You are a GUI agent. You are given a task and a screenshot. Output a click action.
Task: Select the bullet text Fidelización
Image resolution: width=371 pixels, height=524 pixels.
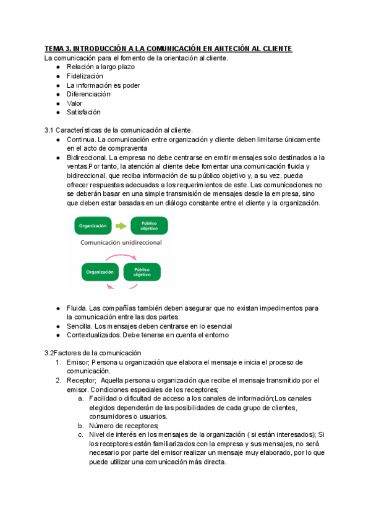(x=85, y=76)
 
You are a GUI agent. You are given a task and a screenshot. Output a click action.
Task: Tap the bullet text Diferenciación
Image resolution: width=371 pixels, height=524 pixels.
(x=88, y=94)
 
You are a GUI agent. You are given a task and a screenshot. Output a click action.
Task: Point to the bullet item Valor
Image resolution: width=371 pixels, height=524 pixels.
(x=75, y=103)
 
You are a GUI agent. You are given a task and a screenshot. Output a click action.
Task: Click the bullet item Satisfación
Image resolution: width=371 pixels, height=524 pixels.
(x=83, y=112)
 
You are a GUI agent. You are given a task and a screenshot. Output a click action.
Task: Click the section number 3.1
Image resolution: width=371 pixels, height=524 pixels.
(x=49, y=130)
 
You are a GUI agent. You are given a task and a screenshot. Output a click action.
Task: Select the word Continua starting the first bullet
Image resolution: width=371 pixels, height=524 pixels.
(x=80, y=140)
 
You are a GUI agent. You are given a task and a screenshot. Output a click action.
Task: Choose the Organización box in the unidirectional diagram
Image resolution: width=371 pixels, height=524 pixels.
(x=93, y=226)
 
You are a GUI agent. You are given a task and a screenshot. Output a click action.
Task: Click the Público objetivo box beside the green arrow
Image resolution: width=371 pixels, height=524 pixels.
(x=149, y=226)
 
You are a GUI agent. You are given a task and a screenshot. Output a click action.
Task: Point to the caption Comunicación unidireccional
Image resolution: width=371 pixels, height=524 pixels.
(x=121, y=243)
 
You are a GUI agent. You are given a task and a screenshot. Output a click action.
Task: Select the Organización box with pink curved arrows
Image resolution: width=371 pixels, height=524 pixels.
(x=100, y=272)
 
